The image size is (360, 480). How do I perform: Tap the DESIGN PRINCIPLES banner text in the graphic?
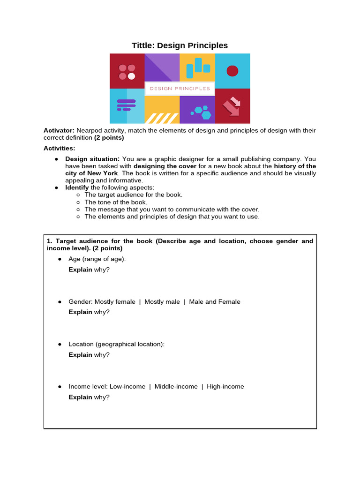click(180, 88)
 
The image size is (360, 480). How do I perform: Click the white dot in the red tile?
click(132, 76)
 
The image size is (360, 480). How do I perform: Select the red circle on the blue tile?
click(232, 71)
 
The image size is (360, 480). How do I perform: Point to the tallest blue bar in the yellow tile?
click(198, 65)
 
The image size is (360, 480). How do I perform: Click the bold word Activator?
click(59, 130)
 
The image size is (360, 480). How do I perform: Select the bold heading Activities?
click(59, 148)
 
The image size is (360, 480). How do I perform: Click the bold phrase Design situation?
click(92, 159)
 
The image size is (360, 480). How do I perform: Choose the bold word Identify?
click(77, 187)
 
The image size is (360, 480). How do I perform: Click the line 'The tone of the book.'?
click(116, 202)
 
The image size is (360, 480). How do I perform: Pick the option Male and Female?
click(215, 302)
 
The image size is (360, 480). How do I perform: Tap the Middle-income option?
click(176, 387)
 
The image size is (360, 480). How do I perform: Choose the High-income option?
click(225, 387)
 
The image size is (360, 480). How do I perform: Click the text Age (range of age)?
click(97, 259)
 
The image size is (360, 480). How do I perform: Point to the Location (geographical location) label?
click(116, 344)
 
